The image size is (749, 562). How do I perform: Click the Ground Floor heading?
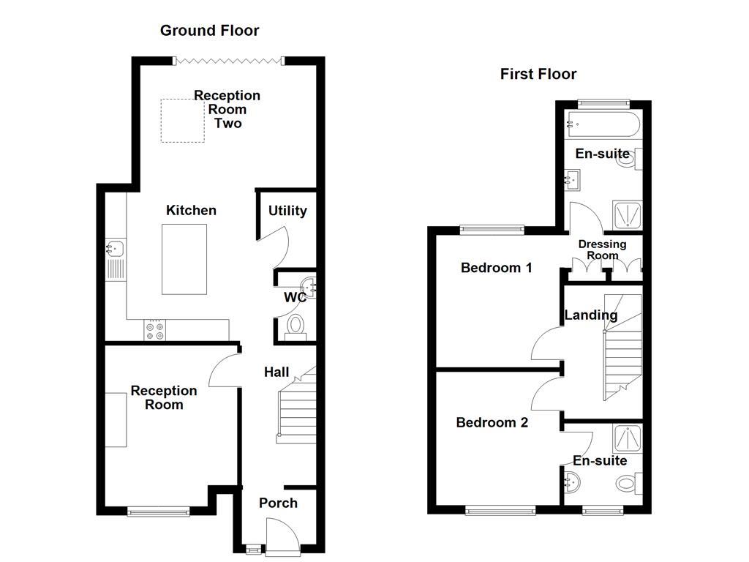[209, 31]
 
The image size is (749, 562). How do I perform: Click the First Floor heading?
[538, 74]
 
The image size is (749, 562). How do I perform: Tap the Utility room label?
[287, 211]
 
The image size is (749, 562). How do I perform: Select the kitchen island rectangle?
[184, 259]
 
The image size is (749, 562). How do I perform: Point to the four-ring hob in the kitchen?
[154, 331]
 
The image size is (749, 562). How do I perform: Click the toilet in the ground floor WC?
[296, 326]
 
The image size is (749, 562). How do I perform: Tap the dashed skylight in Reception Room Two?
[182, 121]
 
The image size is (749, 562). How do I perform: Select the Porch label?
[278, 503]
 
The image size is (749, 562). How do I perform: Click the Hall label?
[276, 372]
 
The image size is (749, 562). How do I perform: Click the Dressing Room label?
[603, 250]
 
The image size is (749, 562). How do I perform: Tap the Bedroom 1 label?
[496, 268]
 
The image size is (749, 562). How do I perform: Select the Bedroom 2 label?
[492, 422]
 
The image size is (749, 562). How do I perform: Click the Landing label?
[591, 315]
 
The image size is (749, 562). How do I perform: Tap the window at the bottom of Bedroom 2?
[500, 511]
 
